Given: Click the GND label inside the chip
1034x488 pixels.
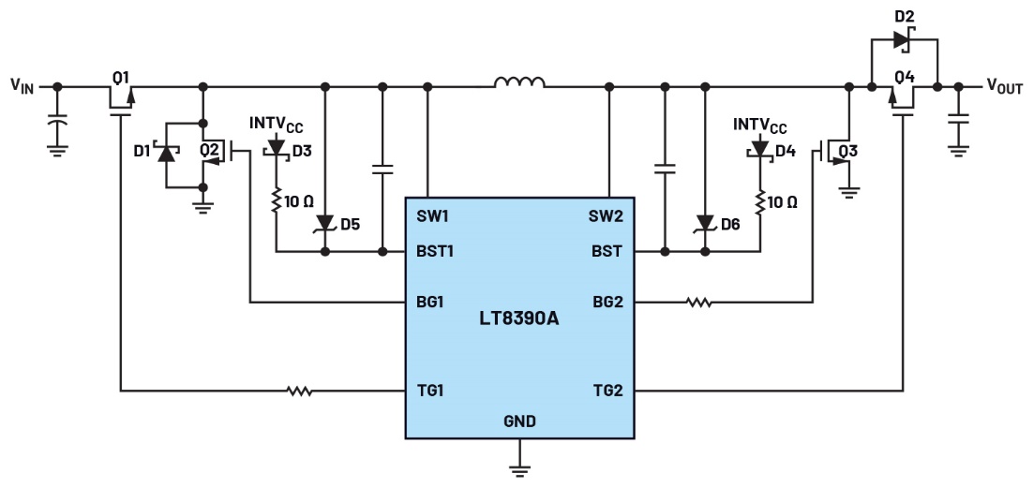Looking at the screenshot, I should click(519, 421).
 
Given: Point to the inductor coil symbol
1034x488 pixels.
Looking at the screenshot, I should click(519, 84).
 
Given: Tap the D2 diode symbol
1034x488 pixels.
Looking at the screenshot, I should click(901, 40).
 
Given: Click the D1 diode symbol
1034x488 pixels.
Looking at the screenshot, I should click(167, 154).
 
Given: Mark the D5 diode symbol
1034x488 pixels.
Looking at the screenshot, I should click(325, 223).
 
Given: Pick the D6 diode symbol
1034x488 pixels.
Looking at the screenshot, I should click(703, 223).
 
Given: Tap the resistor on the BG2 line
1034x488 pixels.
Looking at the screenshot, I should click(697, 302).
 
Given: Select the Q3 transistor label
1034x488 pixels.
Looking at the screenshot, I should click(848, 151).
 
